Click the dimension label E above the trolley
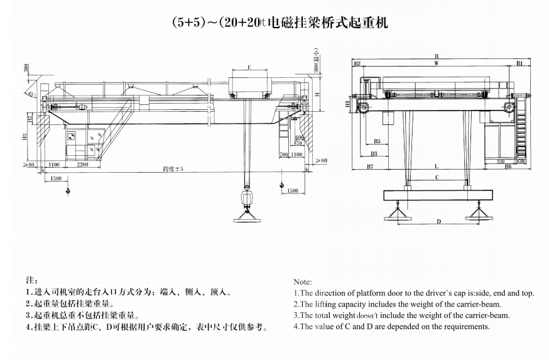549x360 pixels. [249, 67]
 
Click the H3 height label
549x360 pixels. [24, 136]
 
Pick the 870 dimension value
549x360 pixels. [298, 145]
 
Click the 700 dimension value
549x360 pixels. [283, 154]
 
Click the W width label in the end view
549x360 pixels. [435, 64]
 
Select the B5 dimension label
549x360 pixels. [377, 141]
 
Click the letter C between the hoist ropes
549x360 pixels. [436, 177]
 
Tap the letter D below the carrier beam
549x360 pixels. [438, 221]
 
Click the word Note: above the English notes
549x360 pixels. [302, 282]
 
